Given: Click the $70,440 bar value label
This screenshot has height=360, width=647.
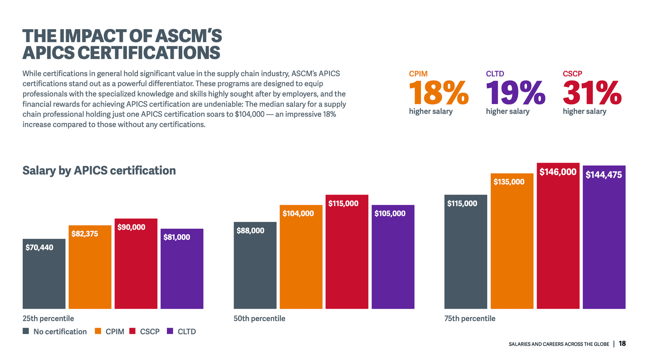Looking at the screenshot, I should pos(39,248).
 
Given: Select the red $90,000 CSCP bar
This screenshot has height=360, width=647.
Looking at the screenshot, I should pos(136,268).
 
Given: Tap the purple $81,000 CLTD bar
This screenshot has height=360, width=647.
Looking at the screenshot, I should pos(182,273).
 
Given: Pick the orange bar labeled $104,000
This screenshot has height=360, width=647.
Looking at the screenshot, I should pos(301,261).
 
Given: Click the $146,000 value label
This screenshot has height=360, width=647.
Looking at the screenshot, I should pos(558,172).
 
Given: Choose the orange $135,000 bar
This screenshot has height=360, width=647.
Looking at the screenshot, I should pos(512,250).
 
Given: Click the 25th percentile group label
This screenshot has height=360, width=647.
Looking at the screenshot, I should pos(48,318).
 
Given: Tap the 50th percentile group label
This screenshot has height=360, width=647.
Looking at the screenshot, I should pos(259,318).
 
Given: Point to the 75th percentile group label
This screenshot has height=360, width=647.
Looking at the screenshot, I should pos(470,318).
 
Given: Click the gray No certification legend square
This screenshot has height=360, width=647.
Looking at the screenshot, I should pos(26,331).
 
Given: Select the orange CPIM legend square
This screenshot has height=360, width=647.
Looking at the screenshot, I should pos(98,331).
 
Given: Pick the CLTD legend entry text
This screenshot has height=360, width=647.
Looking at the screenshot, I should pos(187,332).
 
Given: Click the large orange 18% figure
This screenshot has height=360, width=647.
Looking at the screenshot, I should pos(438,93).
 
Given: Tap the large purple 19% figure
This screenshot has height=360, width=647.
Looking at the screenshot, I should pos(515,93).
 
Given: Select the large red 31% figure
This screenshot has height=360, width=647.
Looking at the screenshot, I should pos(592,93).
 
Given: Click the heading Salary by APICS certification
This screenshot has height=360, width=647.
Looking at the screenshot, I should pos(99,171).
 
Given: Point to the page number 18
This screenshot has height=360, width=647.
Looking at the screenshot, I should pos(622,343).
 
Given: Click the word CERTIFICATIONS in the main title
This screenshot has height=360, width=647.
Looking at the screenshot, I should pos(149,53).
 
